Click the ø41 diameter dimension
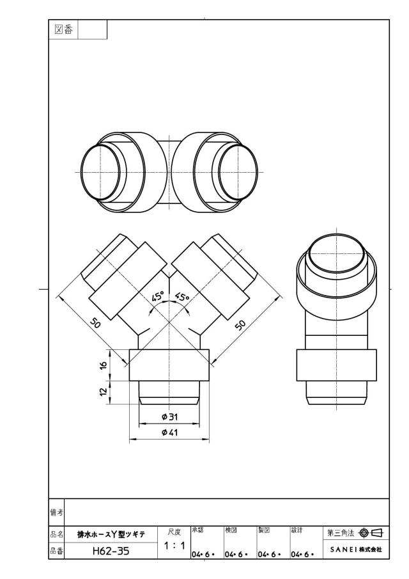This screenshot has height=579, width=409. (169, 432)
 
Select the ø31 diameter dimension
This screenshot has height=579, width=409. (169, 417)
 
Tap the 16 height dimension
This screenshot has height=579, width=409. (104, 365)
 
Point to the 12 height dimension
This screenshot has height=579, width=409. (104, 392)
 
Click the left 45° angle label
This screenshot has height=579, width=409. (158, 297)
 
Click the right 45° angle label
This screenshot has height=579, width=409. (182, 296)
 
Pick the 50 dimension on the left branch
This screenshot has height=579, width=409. (95, 324)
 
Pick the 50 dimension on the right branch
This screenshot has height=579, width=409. (240, 325)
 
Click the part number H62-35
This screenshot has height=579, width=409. (111, 551)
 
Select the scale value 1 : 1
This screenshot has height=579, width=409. (174, 545)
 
